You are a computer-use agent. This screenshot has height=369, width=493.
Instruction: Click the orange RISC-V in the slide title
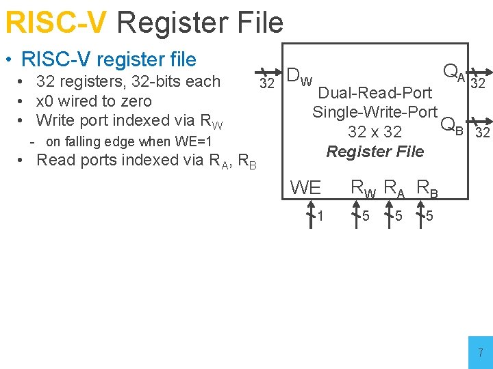(x=55, y=23)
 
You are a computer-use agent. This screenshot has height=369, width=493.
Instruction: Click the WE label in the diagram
(x=305, y=187)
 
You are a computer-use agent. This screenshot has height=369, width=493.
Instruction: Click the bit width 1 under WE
(x=320, y=217)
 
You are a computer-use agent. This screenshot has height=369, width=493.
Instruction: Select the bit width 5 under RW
(x=367, y=217)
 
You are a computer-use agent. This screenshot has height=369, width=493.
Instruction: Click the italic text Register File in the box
(x=375, y=152)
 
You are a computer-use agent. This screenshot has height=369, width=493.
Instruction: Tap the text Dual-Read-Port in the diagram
(x=375, y=93)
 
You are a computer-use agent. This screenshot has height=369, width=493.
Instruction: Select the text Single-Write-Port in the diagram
(x=375, y=112)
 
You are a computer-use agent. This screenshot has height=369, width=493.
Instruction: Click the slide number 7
(x=480, y=353)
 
